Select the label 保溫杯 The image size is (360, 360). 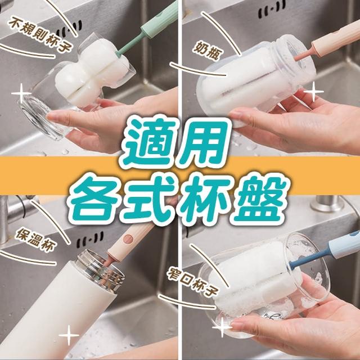[35, 240]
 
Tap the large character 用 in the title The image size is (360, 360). [201, 141]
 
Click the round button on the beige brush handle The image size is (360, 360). [128, 239]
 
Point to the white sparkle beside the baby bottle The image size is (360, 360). [314, 92]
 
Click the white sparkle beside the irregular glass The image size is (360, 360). [21, 93]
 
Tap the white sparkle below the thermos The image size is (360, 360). [69, 335]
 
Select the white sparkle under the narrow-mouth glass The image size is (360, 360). [222, 327]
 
